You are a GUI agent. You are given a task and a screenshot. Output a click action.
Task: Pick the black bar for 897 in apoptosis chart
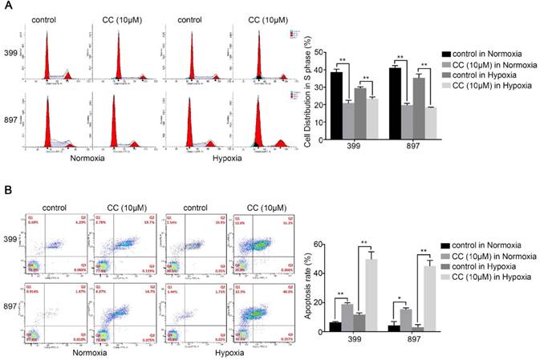tap(394, 327)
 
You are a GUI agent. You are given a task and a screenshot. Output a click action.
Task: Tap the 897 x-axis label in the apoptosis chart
tap(410, 341)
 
